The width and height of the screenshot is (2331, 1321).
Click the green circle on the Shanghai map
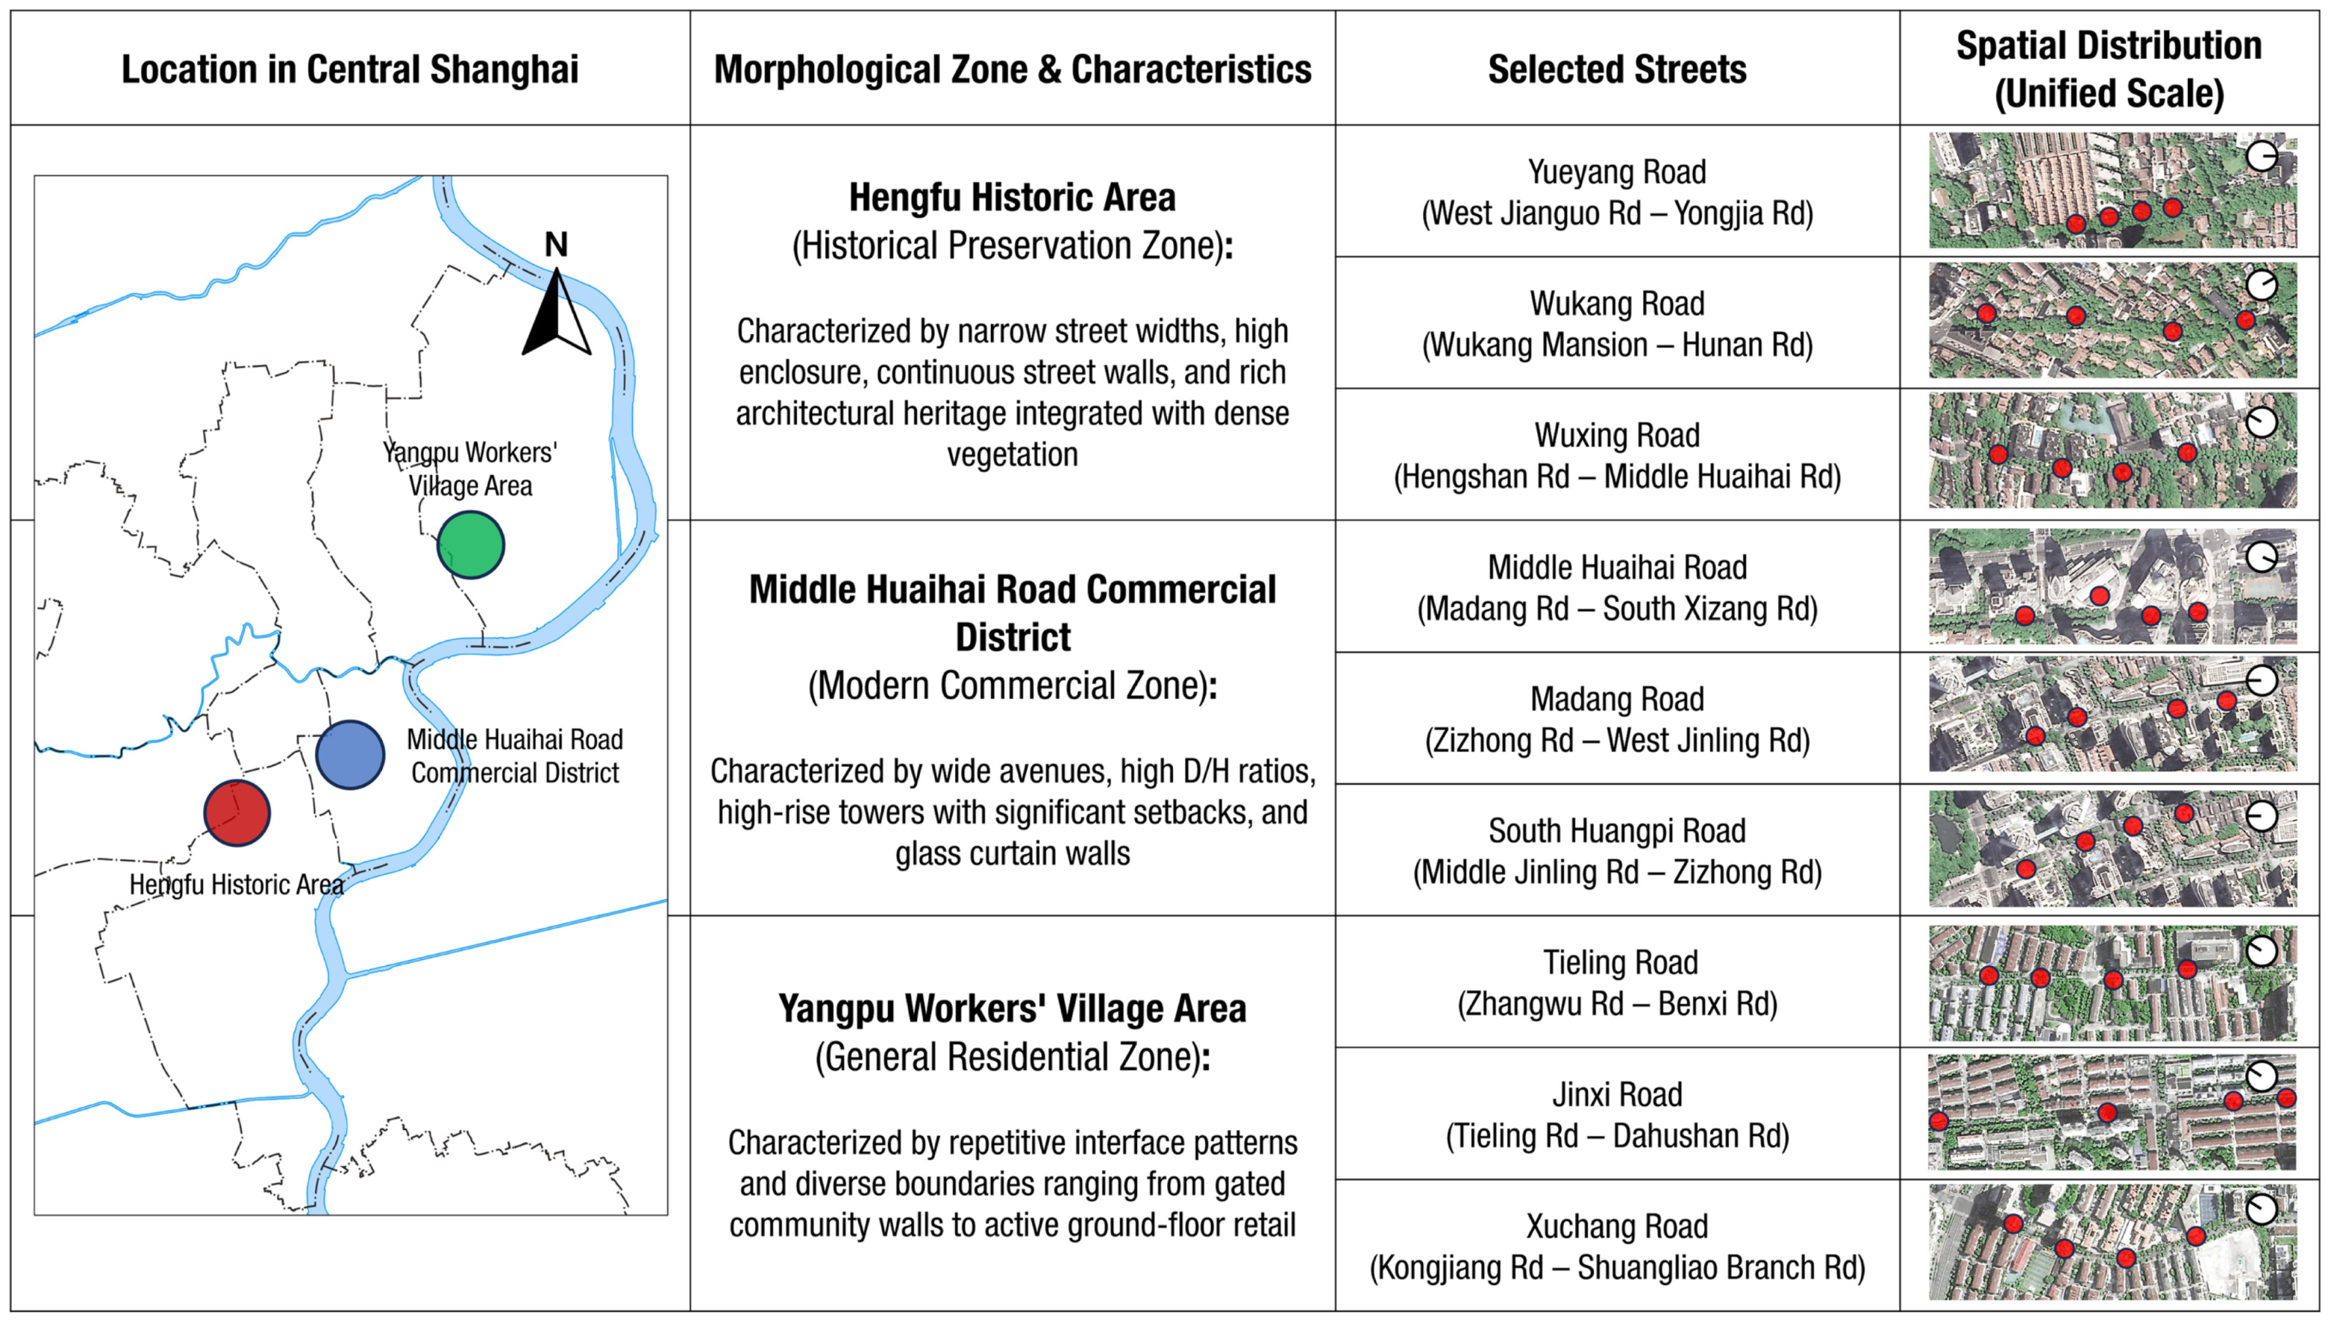470,545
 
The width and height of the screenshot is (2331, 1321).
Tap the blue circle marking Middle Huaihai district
350,755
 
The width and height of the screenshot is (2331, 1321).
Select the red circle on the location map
237,813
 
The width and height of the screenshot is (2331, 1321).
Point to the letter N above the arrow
556,244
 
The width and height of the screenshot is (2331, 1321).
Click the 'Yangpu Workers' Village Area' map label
470,468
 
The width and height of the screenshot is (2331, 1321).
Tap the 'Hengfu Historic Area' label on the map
237,885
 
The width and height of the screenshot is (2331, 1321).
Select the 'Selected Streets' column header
1617,69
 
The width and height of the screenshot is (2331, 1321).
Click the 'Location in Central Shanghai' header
350,69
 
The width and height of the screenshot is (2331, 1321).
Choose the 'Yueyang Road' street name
1617,172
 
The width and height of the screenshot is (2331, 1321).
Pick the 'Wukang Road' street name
1617,303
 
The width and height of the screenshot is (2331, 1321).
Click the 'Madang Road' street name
1617,699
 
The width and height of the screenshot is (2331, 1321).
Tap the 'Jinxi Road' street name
1617,1094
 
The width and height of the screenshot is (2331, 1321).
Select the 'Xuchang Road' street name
1617,1226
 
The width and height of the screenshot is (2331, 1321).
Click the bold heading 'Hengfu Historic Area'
1012,197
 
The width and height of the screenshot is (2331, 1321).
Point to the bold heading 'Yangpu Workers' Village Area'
1012,1008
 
